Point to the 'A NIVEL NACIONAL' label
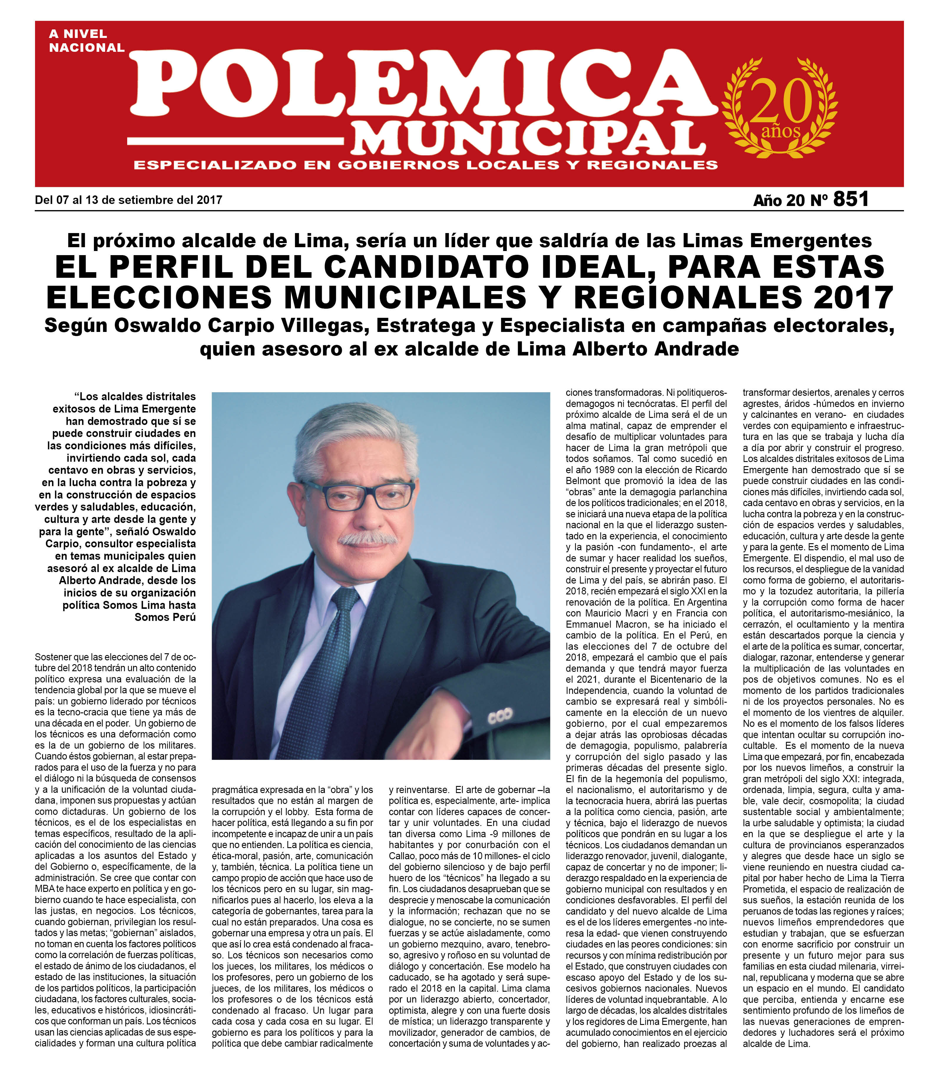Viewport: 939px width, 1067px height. [86, 41]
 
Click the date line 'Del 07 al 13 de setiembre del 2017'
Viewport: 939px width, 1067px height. [128, 200]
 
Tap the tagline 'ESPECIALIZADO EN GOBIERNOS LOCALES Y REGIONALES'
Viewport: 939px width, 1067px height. [426, 165]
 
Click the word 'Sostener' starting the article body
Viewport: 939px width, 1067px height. [52, 657]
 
